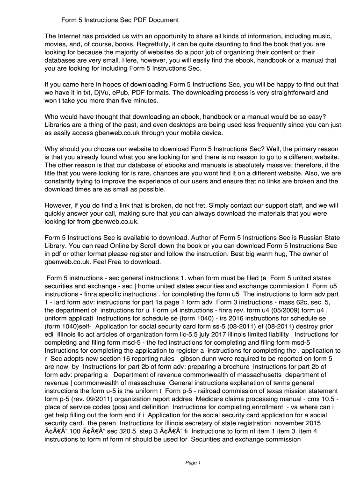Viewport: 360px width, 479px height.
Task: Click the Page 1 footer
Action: pos(193,463)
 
